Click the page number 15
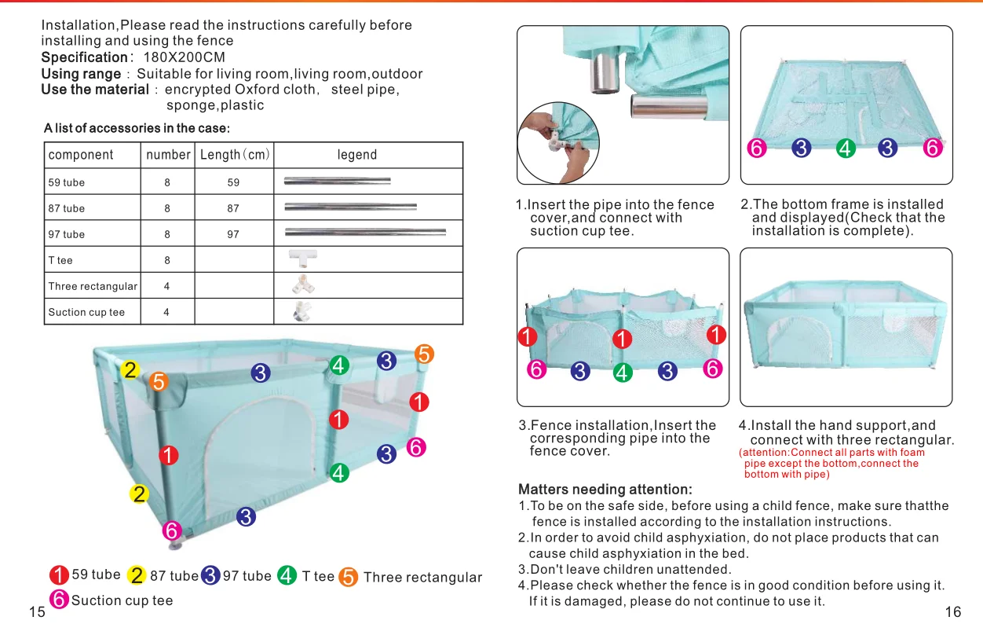coord(37,613)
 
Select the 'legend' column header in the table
coord(357,155)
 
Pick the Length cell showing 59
coord(233,182)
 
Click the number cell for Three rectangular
coord(167,286)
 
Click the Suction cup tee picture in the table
coord(302,311)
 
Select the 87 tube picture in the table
coord(350,207)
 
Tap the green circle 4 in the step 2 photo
coord(846,148)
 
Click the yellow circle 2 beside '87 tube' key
coord(137,576)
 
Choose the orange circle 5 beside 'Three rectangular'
coord(349,578)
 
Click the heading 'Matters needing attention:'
coord(605,490)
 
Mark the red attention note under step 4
coord(832,463)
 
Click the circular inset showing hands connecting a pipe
coord(553,143)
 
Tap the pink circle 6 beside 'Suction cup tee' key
coord(59,600)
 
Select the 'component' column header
coord(81,155)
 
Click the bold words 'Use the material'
coord(95,90)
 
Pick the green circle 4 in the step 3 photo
coord(623,373)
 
